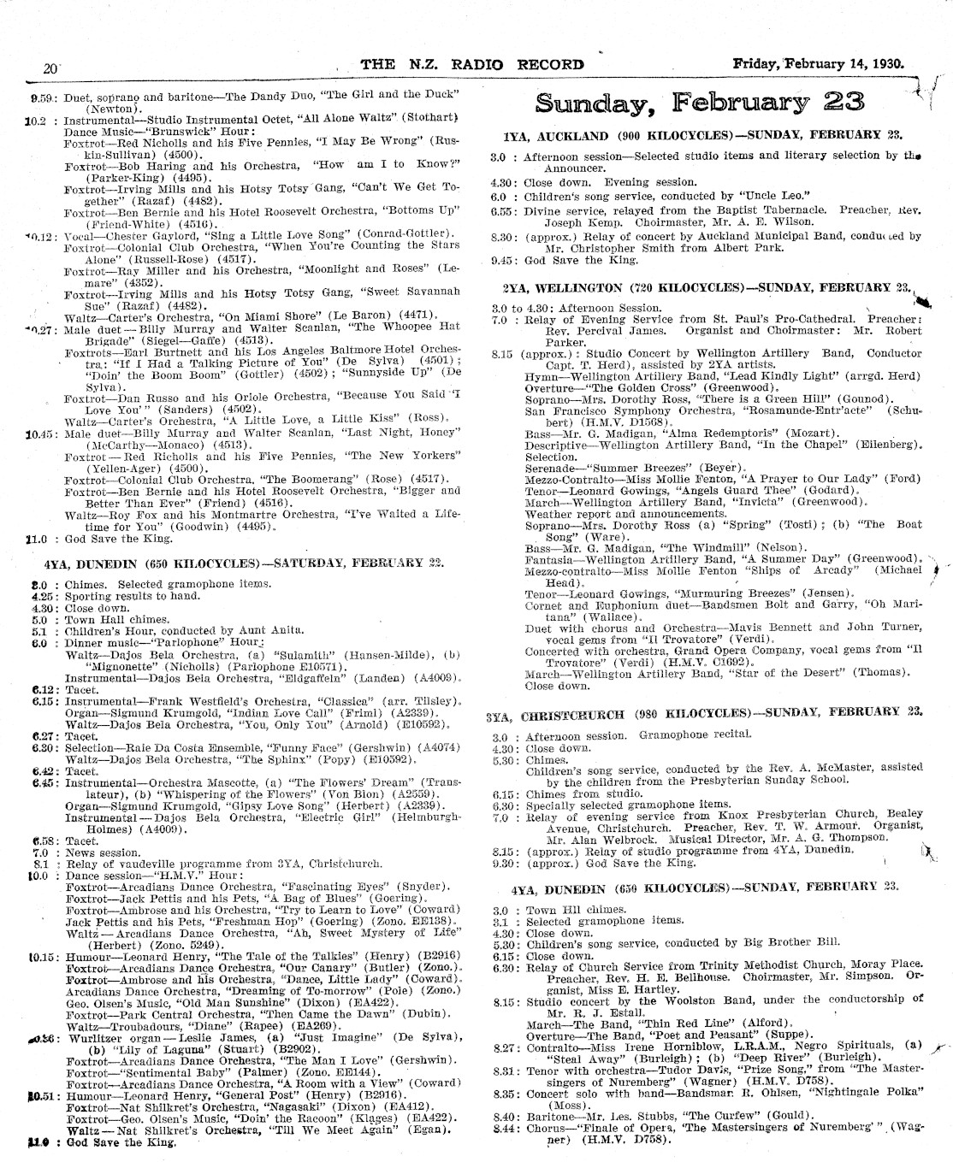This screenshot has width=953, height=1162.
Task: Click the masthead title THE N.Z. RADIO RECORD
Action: click(472, 64)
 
